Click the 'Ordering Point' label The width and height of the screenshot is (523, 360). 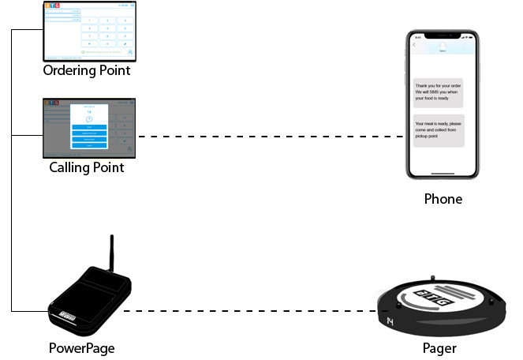87,71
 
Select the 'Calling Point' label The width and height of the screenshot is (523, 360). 87,167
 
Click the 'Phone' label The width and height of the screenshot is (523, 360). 443,199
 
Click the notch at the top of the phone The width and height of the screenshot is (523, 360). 443,36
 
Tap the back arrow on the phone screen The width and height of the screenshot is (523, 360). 414,44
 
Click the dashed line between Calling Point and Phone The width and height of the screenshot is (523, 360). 268,137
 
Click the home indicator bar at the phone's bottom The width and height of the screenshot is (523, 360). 443,174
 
